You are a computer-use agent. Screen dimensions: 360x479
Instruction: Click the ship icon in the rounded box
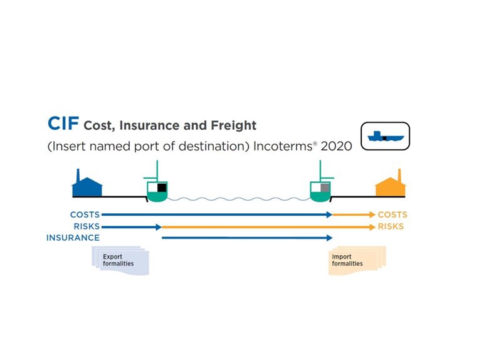pos(384,135)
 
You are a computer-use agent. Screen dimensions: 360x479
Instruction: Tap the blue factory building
pos(87,184)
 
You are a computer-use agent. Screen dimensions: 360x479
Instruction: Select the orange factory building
pos(391,184)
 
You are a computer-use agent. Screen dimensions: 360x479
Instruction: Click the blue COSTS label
pos(85,215)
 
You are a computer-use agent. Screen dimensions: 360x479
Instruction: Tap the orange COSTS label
pos(392,215)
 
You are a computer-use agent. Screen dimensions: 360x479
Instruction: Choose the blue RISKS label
pos(87,226)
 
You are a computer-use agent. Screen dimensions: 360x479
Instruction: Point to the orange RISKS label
pos(391,226)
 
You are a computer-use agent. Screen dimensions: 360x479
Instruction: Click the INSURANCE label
pos(73,238)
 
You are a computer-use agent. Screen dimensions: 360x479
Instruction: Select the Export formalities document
pos(120,260)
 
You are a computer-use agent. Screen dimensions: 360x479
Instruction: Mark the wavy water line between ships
pos(238,199)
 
